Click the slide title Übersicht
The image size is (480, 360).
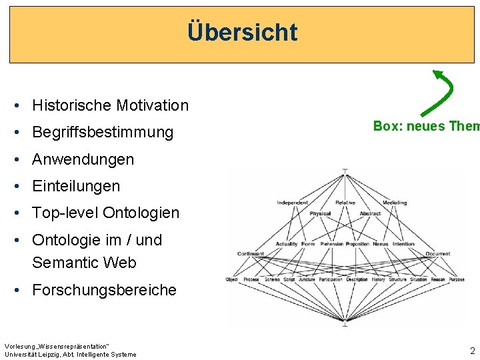pos(242,32)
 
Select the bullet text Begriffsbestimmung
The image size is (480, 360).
pos(103,132)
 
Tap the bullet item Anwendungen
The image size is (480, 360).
pos(83,159)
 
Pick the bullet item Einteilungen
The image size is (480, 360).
pos(76,186)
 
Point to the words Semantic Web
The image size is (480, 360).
pos(84,263)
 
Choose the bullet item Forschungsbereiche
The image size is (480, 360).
pos(104,290)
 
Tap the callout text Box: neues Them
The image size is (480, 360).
pos(426,126)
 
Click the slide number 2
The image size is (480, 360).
pos(472,351)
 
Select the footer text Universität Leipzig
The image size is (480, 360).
pos(30,355)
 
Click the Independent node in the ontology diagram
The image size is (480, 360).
pos(293,203)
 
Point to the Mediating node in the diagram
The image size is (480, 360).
pos(395,203)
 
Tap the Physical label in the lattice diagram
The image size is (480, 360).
pos(320,213)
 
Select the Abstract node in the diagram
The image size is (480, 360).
pos(370,213)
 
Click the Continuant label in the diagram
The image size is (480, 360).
pos(251,254)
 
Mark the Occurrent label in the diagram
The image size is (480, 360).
pos(438,254)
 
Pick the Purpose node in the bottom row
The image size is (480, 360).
pos(457,279)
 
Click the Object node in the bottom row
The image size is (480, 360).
pos(231,279)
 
